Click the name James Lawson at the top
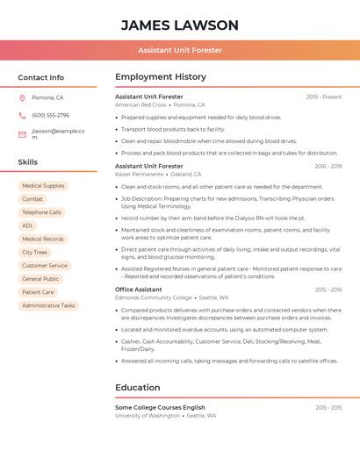click(179, 25)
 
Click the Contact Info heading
click(40, 77)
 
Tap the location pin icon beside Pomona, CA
click(22, 97)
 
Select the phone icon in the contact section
click(22, 115)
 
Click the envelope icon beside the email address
click(22, 134)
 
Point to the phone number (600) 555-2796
click(50, 115)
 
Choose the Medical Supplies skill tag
click(43, 186)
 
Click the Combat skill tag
click(32, 199)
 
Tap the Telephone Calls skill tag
click(41, 212)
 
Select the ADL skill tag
click(28, 225)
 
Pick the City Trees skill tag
click(34, 252)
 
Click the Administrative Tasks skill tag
click(48, 305)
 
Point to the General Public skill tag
click(40, 279)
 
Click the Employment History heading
click(161, 77)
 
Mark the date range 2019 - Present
click(324, 97)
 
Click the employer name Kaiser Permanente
click(140, 174)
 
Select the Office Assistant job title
click(138, 289)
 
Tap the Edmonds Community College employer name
click(153, 297)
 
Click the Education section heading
click(137, 387)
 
